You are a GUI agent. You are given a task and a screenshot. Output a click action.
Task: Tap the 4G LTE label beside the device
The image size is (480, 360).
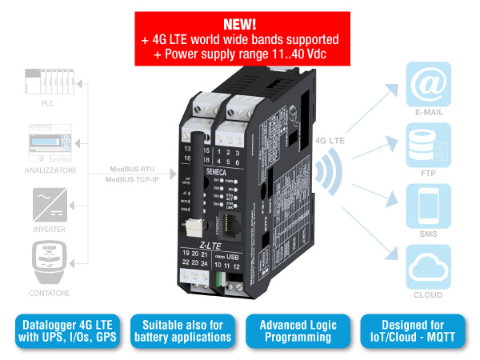[x=330, y=142]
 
